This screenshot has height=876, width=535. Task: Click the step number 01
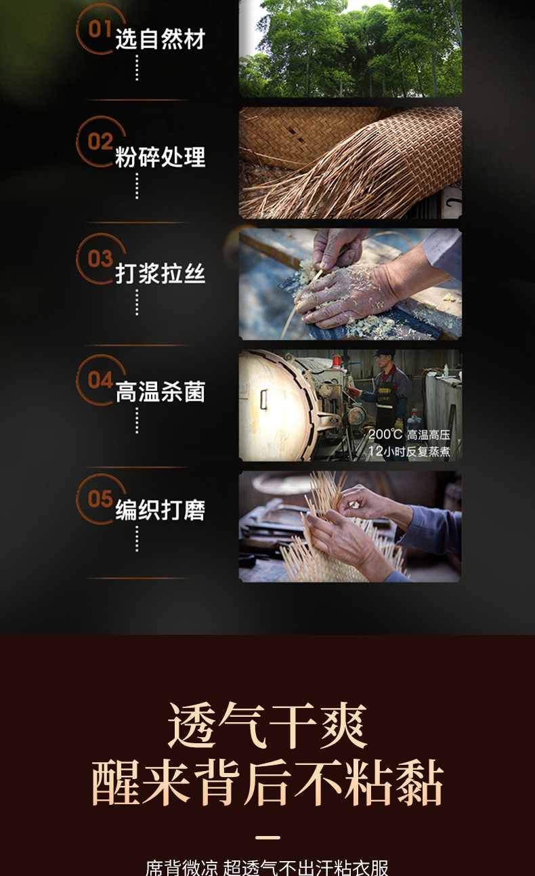[x=100, y=28]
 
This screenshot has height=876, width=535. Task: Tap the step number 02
[x=100, y=141]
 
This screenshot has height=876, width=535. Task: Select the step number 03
[x=100, y=259]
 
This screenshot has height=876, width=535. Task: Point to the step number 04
[x=100, y=379]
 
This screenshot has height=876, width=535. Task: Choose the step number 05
[x=100, y=499]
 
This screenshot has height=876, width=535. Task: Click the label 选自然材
[x=160, y=39]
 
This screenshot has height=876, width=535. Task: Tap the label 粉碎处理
[x=160, y=157]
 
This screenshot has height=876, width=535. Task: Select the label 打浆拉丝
[x=160, y=273]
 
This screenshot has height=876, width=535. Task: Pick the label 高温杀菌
[x=160, y=392]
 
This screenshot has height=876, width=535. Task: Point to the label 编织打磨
[x=160, y=510]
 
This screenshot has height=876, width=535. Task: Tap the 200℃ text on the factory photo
[x=385, y=434]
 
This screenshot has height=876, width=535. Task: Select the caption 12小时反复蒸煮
[x=409, y=451]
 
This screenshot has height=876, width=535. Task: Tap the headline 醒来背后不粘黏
[x=267, y=783]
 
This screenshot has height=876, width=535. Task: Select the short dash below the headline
[x=267, y=837]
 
